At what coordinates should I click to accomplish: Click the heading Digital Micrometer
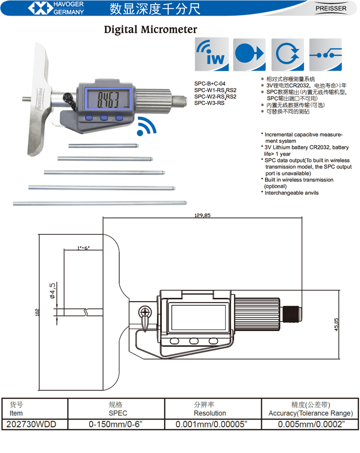(151, 30)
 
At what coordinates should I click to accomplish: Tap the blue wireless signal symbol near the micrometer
(146, 126)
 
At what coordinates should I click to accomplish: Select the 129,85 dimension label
(202, 215)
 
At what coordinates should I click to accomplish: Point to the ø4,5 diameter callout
(53, 291)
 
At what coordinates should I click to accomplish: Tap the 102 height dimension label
(37, 311)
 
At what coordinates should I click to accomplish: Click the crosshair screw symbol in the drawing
(144, 312)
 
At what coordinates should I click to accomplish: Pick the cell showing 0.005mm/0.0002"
(311, 424)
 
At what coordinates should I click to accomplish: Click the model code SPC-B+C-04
(210, 84)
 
